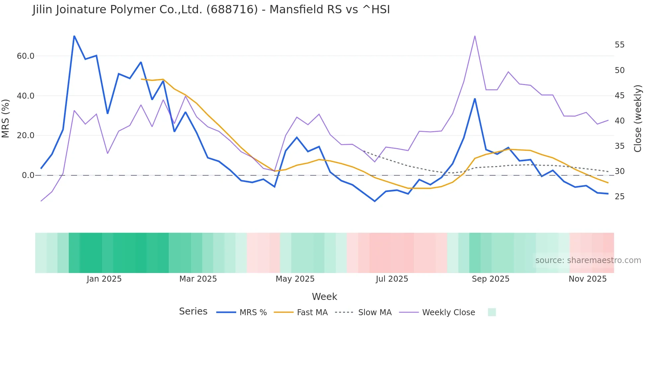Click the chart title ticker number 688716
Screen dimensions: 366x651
tap(232, 9)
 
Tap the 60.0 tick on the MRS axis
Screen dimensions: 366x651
tap(26, 56)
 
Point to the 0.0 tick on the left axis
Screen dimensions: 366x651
tap(28, 175)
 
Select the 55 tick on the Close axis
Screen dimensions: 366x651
tap(619, 45)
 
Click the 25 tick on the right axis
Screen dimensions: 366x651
tap(619, 197)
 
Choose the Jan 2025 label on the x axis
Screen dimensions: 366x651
tap(104, 279)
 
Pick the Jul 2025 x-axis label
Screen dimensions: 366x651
tap(392, 279)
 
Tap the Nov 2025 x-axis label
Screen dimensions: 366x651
tap(587, 279)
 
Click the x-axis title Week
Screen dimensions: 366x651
tap(324, 297)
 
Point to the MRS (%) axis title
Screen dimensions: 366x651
tap(6, 118)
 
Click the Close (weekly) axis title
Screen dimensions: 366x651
tap(637, 118)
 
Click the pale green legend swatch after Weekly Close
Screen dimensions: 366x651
tap(492, 312)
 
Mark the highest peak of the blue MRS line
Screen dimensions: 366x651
tap(74, 36)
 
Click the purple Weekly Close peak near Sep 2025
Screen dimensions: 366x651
tap(475, 36)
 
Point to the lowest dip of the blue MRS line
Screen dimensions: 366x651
tap(375, 201)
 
